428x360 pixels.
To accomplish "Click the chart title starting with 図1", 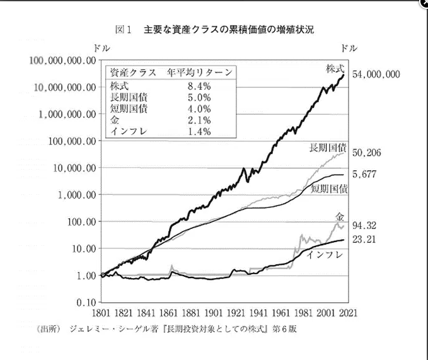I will pyautogui.click(x=214, y=30).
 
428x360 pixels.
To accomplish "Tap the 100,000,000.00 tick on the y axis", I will pyautogui.click(x=61, y=60).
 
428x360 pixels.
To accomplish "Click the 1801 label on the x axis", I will pyautogui.click(x=101, y=313).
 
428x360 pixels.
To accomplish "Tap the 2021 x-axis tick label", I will pyautogui.click(x=347, y=313).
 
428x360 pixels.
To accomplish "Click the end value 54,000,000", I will pyautogui.click(x=376, y=74).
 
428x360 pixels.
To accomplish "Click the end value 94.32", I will pyautogui.click(x=365, y=225).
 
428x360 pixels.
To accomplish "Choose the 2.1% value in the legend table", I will pyautogui.click(x=199, y=120).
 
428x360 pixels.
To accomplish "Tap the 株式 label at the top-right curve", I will pyautogui.click(x=335, y=67).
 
